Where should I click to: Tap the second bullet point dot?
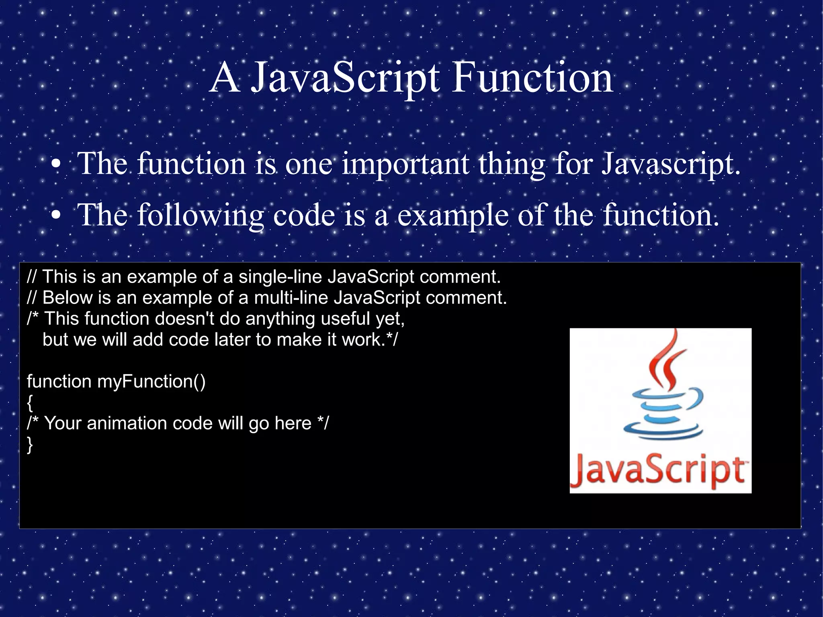click(x=56, y=215)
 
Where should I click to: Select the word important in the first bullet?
click(x=405, y=165)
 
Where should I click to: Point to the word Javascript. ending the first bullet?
click(x=670, y=165)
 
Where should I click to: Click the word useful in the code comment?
click(x=345, y=319)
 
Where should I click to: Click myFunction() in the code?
click(x=151, y=381)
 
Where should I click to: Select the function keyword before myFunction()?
click(x=59, y=381)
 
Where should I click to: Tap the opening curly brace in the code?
click(x=30, y=402)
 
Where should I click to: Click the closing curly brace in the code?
click(x=30, y=444)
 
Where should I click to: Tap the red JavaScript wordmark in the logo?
click(x=659, y=471)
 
